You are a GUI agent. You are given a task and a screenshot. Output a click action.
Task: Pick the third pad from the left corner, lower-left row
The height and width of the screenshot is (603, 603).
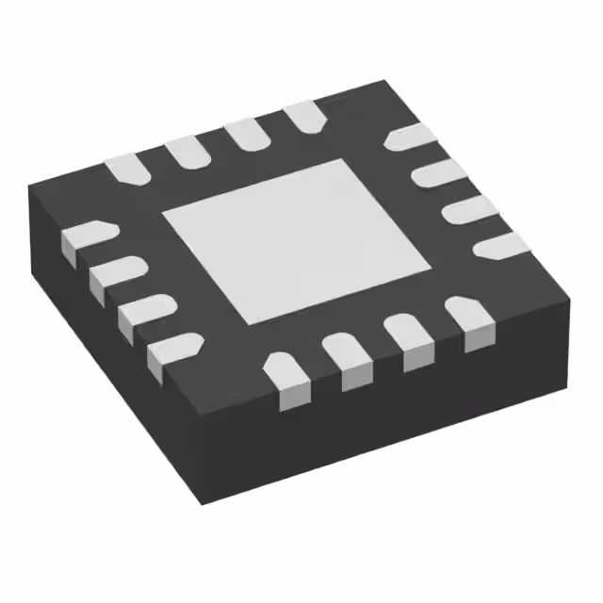[x=142, y=313]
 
